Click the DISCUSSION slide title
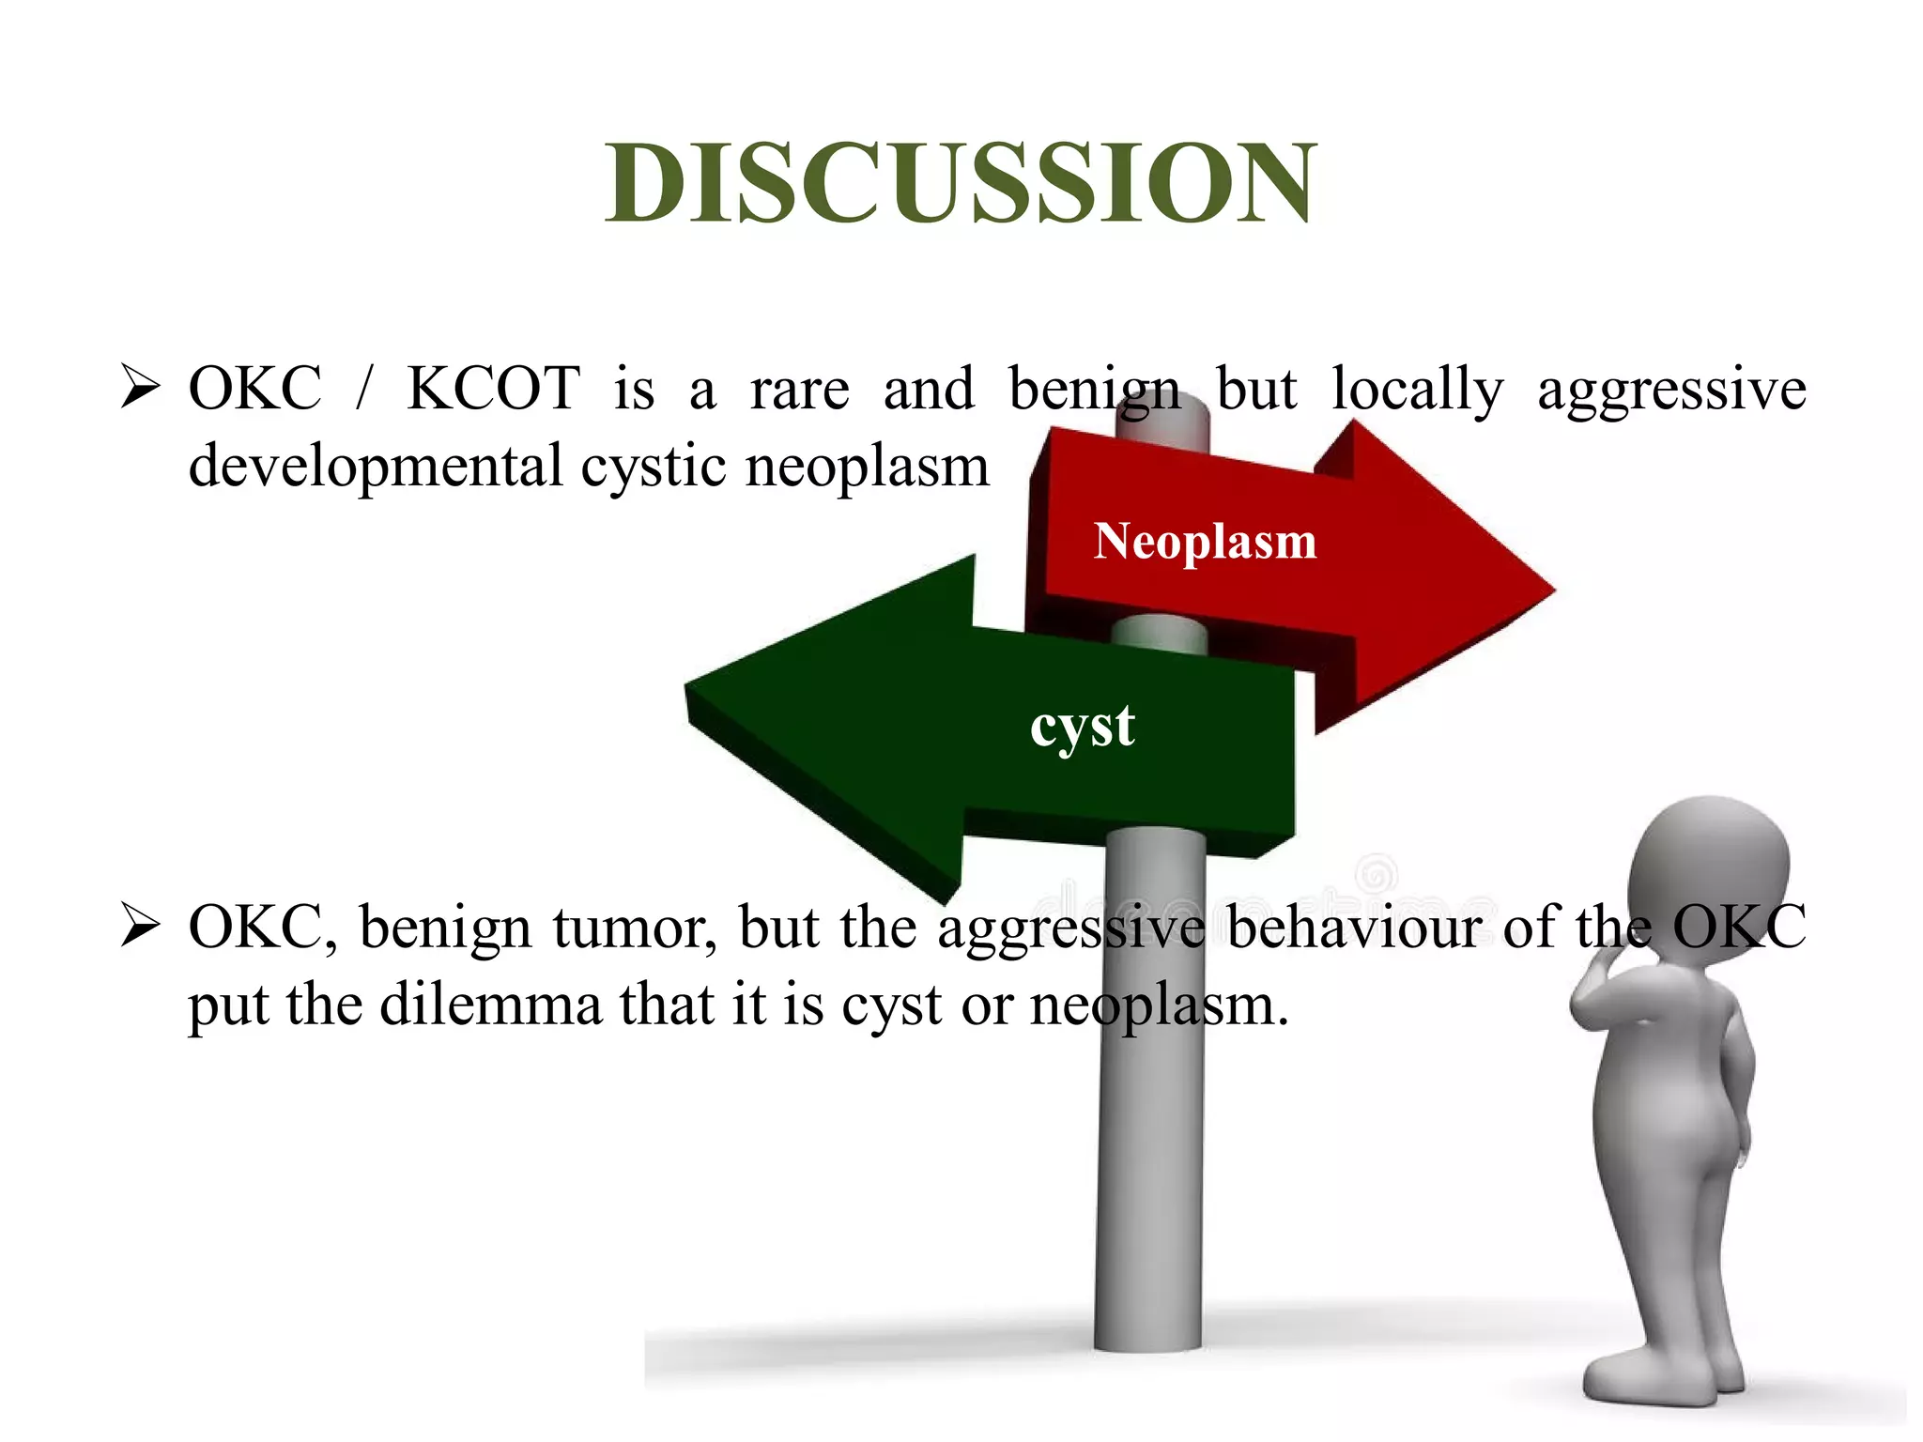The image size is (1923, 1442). click(x=961, y=183)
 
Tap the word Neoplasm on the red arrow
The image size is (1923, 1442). click(x=1205, y=542)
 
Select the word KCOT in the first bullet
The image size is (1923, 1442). click(x=493, y=389)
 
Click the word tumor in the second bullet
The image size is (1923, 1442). click(x=635, y=928)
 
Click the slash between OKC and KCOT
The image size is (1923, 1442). click(x=364, y=389)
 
